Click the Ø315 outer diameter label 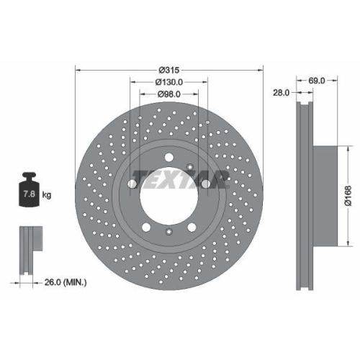[x=169, y=70]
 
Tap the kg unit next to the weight [x=47, y=195]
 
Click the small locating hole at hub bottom [x=168, y=231]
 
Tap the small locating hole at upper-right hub [x=190, y=167]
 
